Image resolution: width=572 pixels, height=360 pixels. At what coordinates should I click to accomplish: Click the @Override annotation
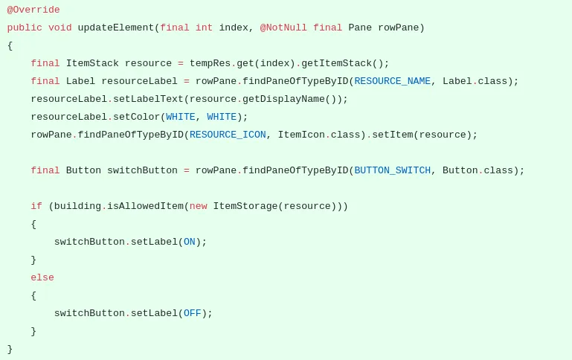tap(33, 10)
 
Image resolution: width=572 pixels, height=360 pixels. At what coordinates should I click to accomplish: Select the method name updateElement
tap(116, 28)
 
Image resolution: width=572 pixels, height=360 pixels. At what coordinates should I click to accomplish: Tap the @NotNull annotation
tap(283, 28)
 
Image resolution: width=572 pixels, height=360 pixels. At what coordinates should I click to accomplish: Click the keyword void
tap(60, 28)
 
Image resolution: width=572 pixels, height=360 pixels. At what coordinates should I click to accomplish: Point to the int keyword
tap(205, 28)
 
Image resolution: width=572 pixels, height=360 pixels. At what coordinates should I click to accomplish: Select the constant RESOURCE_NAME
tap(393, 81)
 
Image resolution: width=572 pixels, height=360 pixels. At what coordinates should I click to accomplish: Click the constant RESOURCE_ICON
tap(228, 135)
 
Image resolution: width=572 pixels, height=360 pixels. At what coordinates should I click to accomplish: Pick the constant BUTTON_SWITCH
tap(393, 170)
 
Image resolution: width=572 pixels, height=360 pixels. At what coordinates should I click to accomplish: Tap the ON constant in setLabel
tap(190, 242)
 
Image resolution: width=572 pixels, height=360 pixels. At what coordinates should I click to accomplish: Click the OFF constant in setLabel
tap(192, 313)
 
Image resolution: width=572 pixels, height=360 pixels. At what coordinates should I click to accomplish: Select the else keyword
tap(42, 277)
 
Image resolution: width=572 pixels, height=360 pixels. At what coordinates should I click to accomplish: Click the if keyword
tap(36, 206)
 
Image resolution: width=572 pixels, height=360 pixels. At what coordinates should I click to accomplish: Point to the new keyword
tap(199, 207)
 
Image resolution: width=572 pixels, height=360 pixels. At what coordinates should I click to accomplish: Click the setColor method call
tap(136, 117)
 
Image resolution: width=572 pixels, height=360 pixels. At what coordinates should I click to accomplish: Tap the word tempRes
tap(210, 63)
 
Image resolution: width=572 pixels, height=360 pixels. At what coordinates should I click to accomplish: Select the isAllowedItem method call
tap(145, 206)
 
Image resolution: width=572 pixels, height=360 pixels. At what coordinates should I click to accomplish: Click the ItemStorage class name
tap(245, 207)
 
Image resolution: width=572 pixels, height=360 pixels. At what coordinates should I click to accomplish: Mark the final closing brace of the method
tap(10, 350)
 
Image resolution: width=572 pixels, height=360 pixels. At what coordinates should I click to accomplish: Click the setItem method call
tap(393, 135)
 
